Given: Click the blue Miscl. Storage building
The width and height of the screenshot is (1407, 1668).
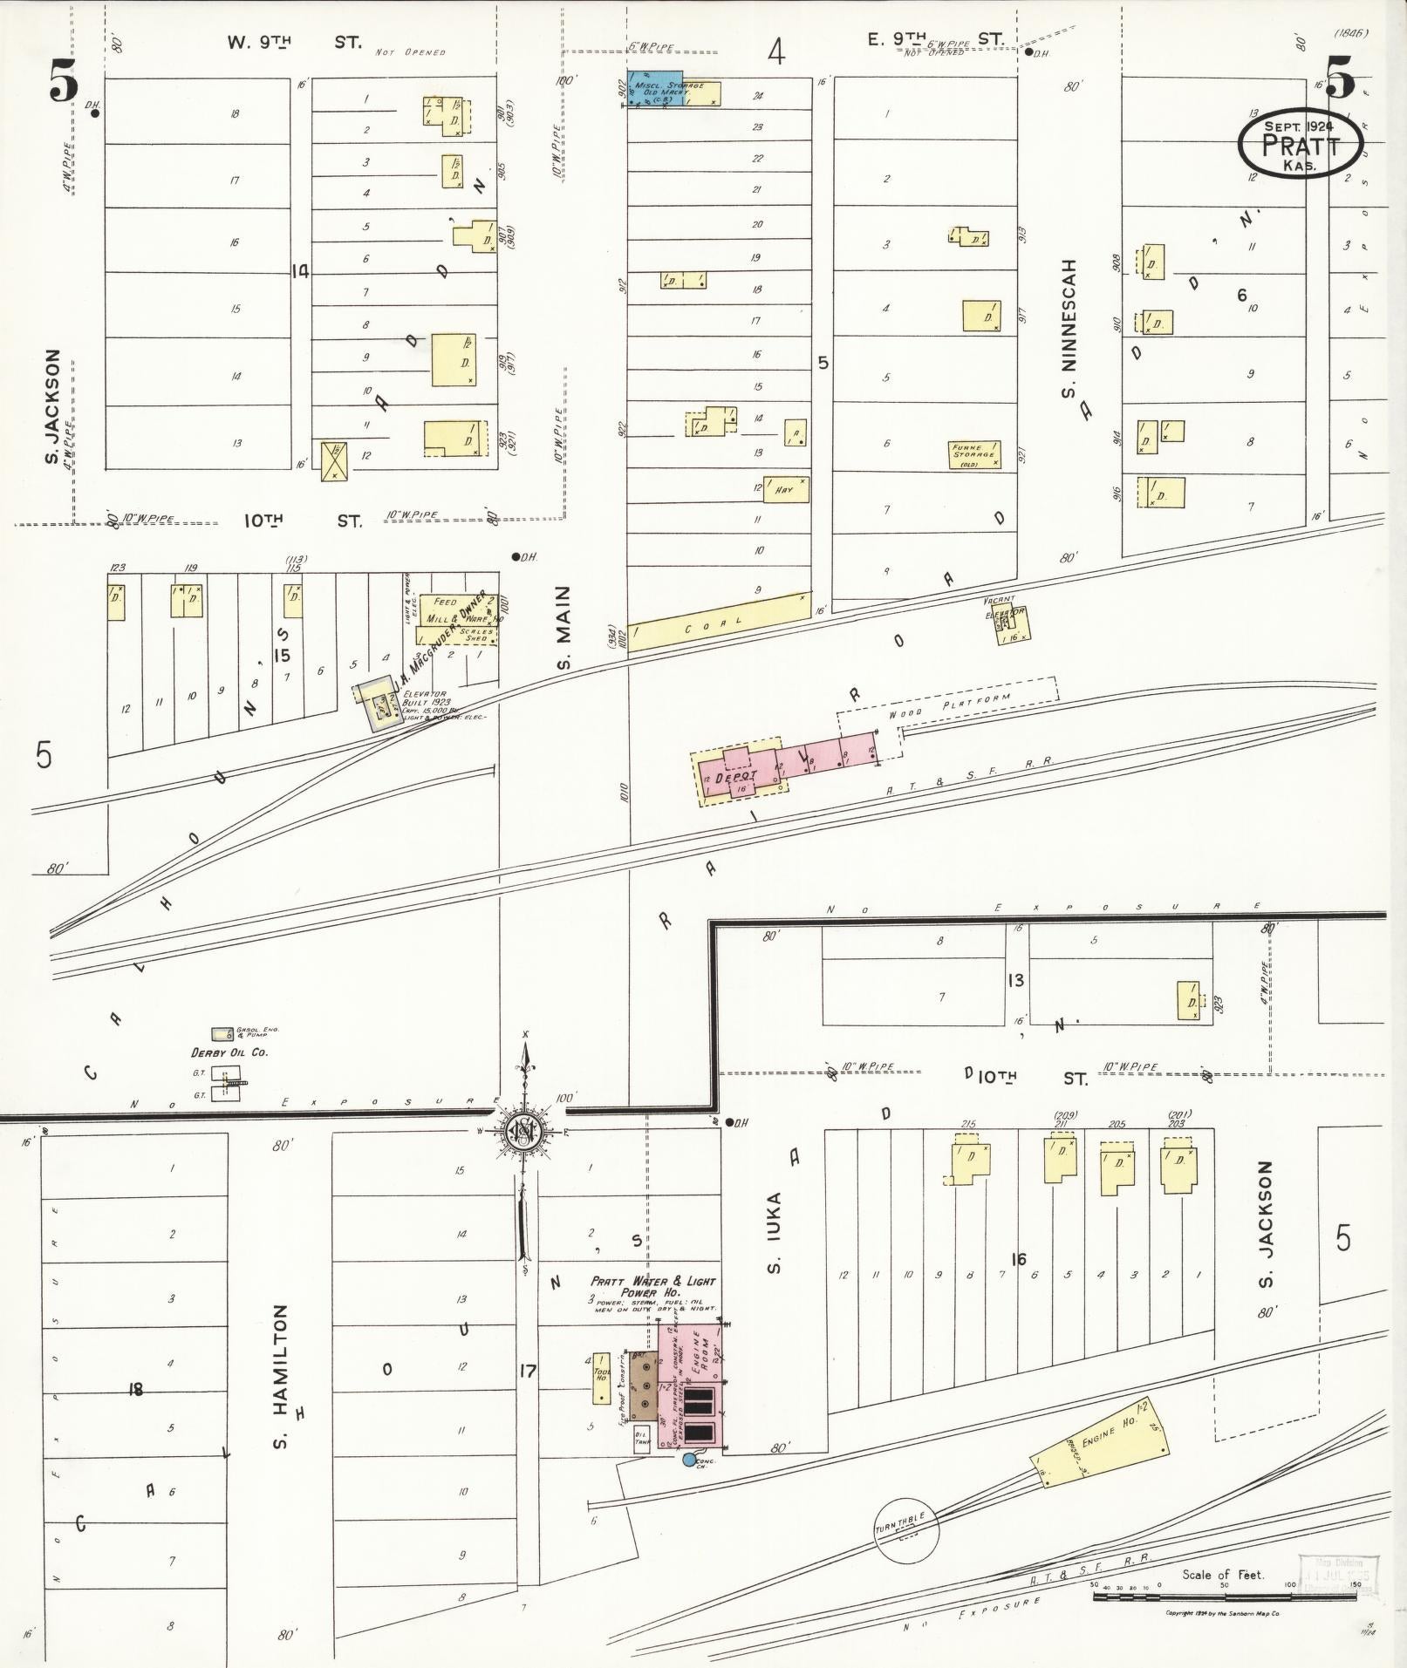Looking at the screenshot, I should (656, 89).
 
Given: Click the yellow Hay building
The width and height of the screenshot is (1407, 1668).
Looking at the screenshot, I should (786, 490).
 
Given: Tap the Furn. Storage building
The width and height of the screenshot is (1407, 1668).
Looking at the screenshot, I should (974, 454).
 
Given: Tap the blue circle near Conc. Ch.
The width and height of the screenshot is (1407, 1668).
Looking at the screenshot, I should (690, 1460).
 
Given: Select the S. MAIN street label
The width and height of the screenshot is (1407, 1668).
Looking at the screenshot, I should (563, 629).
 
